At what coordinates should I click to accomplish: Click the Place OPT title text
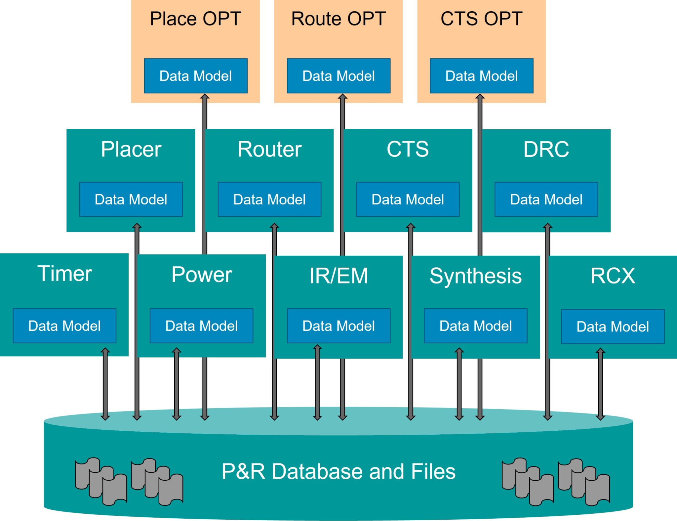click(195, 19)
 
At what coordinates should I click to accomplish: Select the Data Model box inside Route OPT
click(338, 76)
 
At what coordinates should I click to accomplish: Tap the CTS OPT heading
click(481, 19)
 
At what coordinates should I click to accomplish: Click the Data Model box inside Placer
click(131, 199)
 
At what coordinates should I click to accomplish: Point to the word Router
click(269, 149)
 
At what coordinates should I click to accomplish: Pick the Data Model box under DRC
click(546, 199)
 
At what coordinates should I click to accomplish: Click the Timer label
click(64, 274)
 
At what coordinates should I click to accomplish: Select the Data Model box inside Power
click(201, 326)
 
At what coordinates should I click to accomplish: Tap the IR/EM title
click(338, 276)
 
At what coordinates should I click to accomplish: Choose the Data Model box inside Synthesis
click(475, 326)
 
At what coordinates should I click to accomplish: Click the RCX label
click(613, 276)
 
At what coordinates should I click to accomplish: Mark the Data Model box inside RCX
click(613, 326)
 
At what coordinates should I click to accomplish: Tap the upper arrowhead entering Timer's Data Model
click(105, 350)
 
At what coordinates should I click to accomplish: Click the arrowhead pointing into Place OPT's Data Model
click(205, 96)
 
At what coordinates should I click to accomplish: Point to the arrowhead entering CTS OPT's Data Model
click(480, 96)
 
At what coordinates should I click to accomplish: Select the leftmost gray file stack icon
click(101, 481)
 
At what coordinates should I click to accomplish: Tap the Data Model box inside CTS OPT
click(481, 76)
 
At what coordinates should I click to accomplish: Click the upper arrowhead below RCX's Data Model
click(600, 351)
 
